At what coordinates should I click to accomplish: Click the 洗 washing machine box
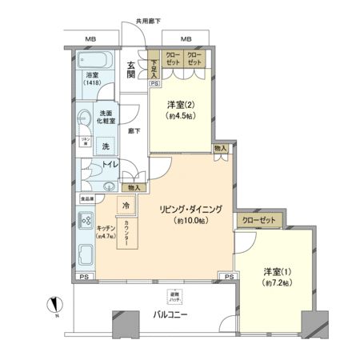tap(105, 146)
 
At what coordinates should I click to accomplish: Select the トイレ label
tap(109, 166)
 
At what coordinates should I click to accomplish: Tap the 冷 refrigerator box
tap(126, 205)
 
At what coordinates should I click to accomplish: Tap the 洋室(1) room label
tap(275, 277)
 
